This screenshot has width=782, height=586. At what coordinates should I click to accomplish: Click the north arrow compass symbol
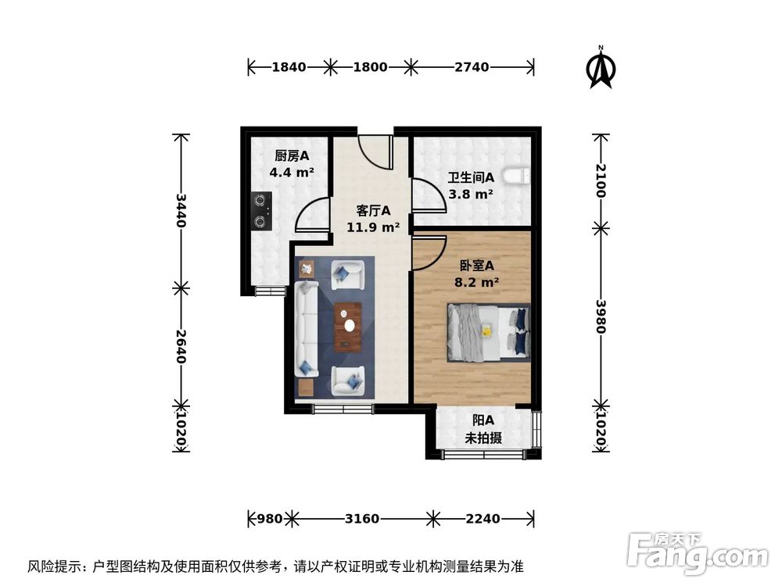(600, 69)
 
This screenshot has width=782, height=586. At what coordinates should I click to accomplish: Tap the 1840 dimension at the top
(289, 67)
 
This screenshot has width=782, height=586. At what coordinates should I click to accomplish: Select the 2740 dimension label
(472, 67)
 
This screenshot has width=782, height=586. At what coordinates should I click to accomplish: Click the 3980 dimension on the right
(601, 316)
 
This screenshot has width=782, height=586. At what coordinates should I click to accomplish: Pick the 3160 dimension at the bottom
(361, 518)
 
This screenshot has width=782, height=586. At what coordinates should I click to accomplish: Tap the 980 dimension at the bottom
(268, 518)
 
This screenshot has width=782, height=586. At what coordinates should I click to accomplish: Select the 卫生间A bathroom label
(470, 178)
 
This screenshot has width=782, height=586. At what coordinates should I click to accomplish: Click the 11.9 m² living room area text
(373, 227)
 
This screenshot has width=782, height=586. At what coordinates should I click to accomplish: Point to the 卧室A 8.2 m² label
(476, 273)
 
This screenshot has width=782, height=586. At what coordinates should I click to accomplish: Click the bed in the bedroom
(488, 333)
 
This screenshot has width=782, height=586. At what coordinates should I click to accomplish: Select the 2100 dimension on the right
(601, 180)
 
